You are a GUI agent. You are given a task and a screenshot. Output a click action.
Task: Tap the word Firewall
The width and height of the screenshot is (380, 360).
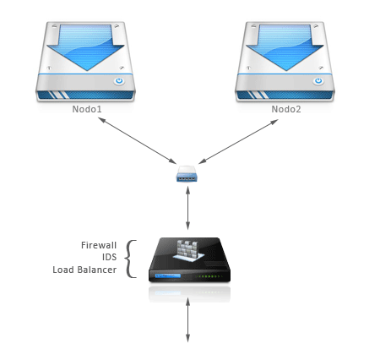[99, 245]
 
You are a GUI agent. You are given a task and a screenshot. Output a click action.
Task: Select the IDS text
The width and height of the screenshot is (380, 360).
[108, 258]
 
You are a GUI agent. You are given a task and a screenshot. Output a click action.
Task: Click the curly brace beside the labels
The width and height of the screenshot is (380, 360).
[130, 258]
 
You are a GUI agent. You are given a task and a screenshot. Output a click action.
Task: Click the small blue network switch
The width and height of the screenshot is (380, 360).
[187, 176]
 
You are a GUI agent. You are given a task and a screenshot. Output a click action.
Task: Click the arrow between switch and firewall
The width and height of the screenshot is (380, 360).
[187, 208]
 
